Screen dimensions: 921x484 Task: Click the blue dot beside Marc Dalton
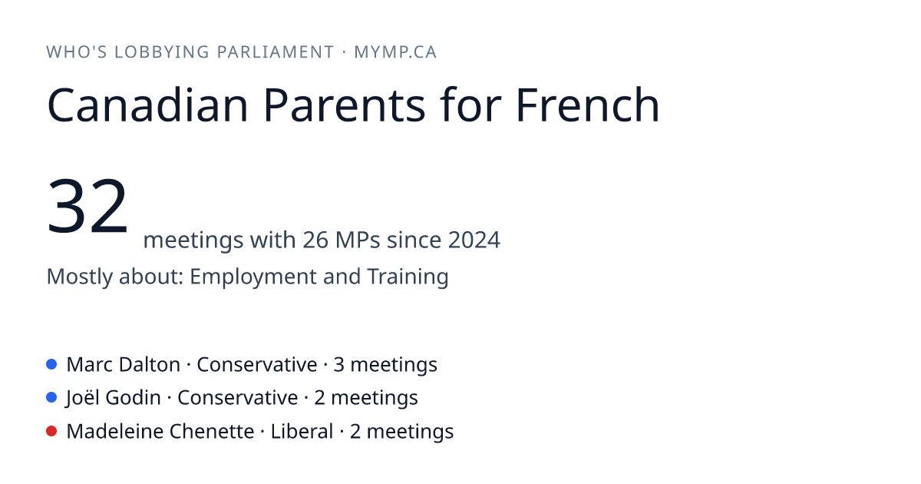pos(51,364)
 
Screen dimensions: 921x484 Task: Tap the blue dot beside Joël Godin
pos(51,398)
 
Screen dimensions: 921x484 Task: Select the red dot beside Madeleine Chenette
pos(51,431)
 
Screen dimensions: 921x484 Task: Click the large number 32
pos(87,205)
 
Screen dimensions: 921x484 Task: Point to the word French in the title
pos(588,105)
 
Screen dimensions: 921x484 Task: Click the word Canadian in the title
pos(147,105)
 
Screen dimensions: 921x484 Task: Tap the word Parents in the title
pos(345,105)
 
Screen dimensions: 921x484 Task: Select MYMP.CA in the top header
pos(395,52)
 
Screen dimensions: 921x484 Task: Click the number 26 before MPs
pos(315,240)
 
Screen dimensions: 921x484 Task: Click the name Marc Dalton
pos(124,365)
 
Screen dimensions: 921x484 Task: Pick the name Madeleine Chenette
pos(160,432)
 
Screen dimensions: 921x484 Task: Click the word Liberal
pos(302,432)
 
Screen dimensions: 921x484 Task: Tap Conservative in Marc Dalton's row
pos(257,365)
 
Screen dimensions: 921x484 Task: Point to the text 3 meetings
pos(385,365)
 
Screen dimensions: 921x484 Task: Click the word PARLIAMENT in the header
pos(276,52)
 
